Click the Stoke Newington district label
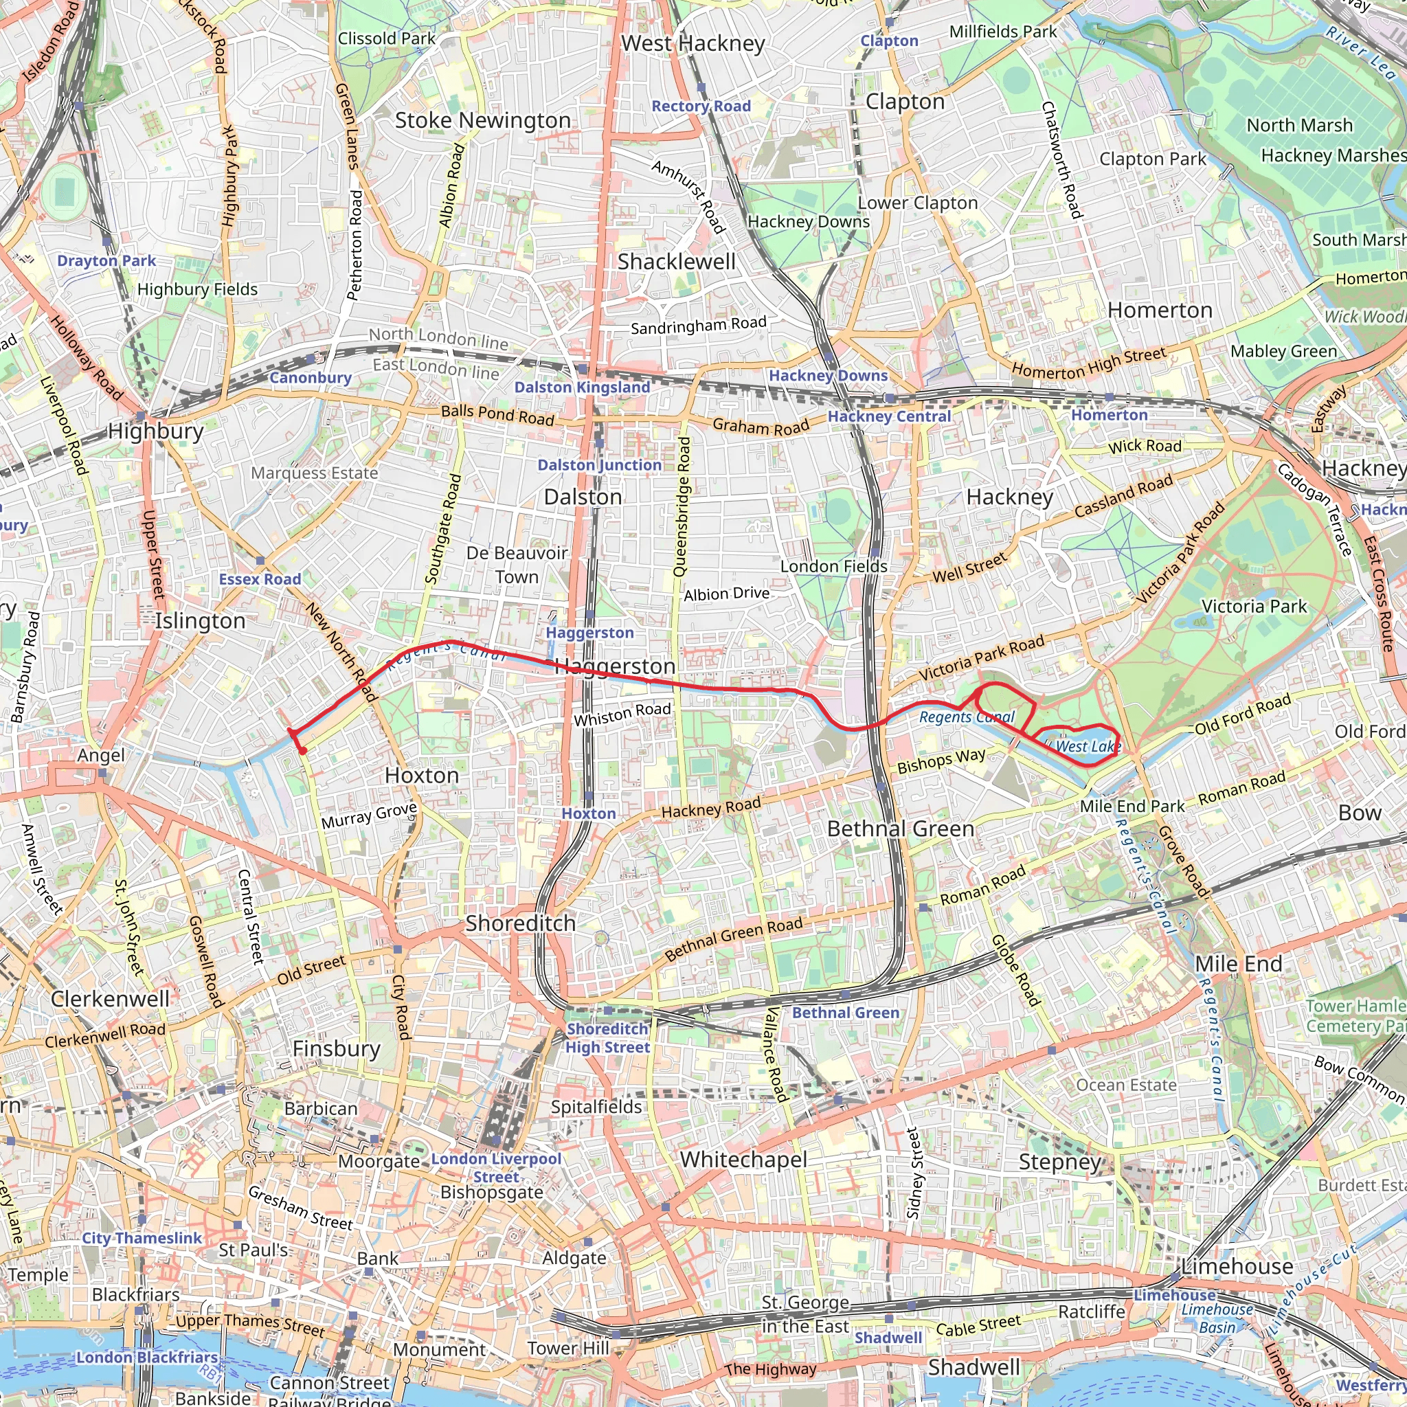click(482, 120)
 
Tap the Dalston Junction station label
click(598, 464)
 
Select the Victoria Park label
click(1254, 606)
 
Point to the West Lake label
click(1088, 747)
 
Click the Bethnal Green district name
click(900, 829)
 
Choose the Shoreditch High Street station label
click(607, 1038)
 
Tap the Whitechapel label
click(743, 1160)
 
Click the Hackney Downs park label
click(809, 221)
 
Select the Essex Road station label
click(260, 579)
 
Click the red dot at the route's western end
click(302, 751)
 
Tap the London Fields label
click(834, 566)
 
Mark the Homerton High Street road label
click(1089, 363)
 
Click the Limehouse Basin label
click(1217, 1318)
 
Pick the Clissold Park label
click(386, 38)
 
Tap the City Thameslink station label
click(142, 1238)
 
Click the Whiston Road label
click(622, 714)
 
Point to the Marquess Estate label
click(314, 473)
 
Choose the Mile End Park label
click(1132, 806)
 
